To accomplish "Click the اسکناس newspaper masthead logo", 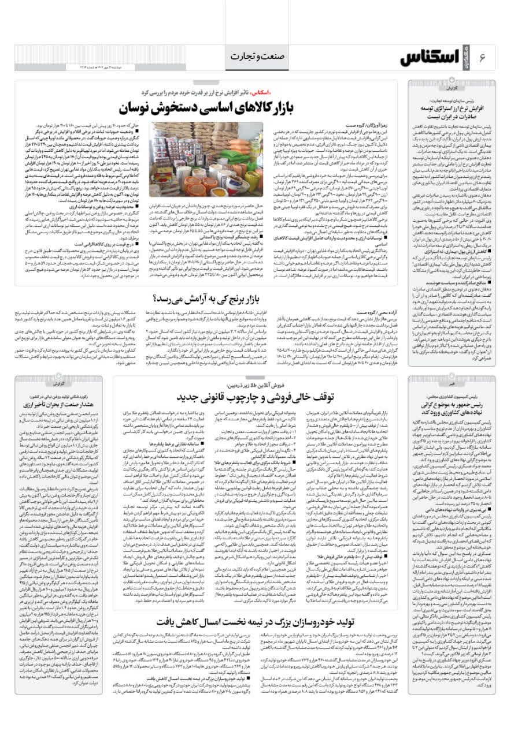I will pos(436,57).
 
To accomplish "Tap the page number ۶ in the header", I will pos(484,58).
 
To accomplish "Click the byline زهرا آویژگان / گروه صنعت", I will pos(364,125).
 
